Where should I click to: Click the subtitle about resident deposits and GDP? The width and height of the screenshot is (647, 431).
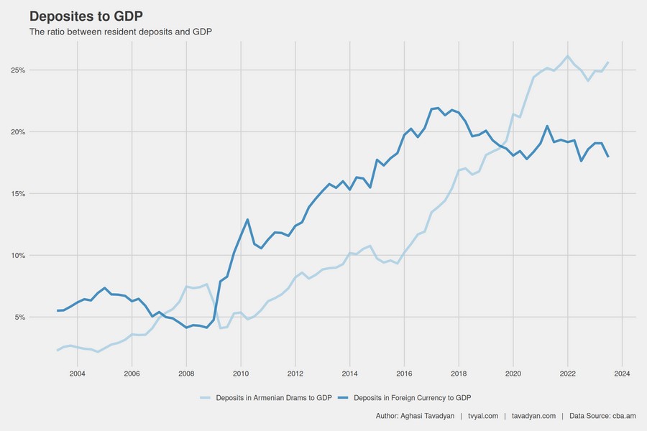click(120, 32)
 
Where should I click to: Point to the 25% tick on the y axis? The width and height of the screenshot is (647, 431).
click(18, 70)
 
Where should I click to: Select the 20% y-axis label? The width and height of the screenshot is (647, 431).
click(18, 132)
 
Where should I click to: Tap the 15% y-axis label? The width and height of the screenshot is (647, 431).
click(18, 194)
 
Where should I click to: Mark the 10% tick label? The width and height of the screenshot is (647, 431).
click(18, 256)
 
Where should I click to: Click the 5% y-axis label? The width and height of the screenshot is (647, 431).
click(19, 318)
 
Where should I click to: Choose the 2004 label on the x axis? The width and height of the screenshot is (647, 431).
click(77, 374)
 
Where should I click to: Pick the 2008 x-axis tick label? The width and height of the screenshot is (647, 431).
click(186, 374)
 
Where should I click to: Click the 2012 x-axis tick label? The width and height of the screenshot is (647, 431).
click(295, 374)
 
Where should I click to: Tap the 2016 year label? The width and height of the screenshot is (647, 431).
click(404, 374)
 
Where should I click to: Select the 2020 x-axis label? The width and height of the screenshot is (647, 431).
click(513, 374)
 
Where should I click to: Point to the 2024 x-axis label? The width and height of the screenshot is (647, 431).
click(623, 374)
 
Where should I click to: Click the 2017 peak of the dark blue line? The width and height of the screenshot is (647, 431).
click(438, 108)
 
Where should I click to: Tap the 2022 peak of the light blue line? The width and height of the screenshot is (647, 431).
click(568, 56)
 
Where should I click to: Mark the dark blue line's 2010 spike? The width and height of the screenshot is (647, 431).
click(247, 220)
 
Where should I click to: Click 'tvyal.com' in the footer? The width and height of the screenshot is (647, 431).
click(483, 416)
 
